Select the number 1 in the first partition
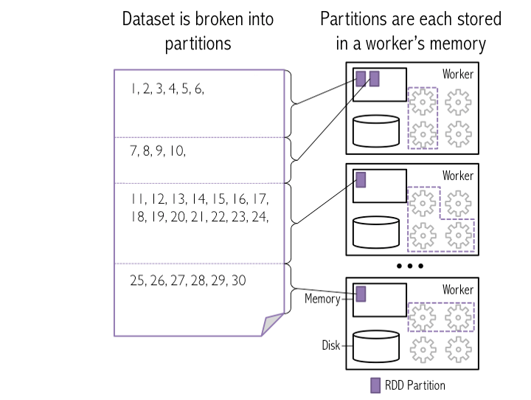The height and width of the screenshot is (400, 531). point(133,89)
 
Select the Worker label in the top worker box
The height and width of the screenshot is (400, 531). point(457,75)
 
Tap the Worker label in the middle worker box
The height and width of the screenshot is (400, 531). point(457,176)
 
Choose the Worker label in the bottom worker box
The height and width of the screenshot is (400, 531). point(457,290)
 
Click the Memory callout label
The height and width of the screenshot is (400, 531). point(321,299)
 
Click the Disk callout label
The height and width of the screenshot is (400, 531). point(330,345)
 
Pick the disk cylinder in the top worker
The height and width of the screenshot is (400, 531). point(376,130)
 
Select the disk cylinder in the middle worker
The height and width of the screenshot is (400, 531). point(376,231)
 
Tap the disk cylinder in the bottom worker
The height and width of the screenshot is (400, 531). point(376,345)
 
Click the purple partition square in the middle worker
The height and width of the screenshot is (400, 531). point(361,179)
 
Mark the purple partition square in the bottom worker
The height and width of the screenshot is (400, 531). point(361,294)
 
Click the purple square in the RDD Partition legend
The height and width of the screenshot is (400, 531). point(375,385)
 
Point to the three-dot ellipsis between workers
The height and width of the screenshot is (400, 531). point(409,266)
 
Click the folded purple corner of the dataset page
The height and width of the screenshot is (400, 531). point(274,323)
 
